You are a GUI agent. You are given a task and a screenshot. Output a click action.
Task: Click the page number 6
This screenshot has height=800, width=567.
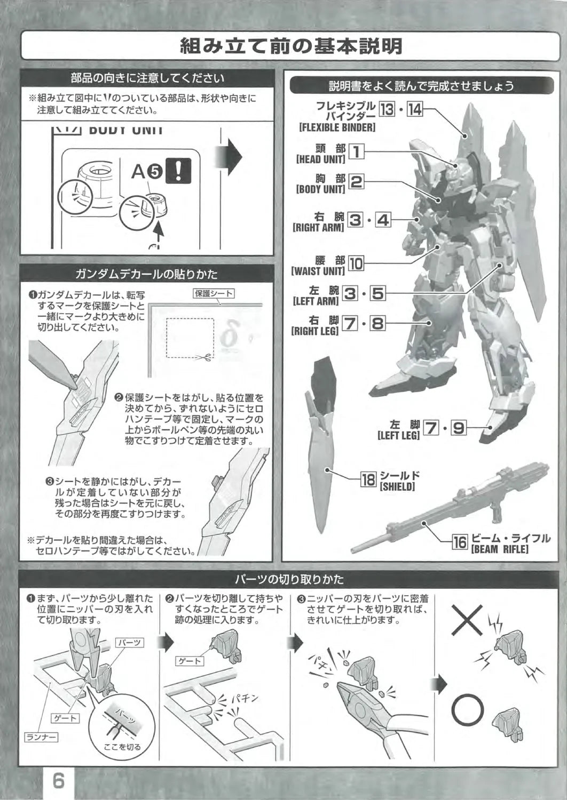(x=59, y=781)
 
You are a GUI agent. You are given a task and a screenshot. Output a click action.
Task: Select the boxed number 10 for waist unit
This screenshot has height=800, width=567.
(x=356, y=263)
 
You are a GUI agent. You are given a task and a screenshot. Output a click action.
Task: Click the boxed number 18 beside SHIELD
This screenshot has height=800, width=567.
(x=368, y=479)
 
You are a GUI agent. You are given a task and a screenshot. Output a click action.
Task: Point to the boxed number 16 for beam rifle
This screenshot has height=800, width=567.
(x=460, y=542)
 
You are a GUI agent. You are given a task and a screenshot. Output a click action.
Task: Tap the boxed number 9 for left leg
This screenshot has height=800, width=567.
(x=459, y=428)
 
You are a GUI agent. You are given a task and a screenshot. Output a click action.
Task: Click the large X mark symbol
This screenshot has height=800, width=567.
(x=467, y=620)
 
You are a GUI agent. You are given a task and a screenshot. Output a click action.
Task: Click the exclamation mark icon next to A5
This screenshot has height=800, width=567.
(x=179, y=170)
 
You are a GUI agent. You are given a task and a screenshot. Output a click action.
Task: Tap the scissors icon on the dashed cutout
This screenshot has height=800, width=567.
(x=204, y=356)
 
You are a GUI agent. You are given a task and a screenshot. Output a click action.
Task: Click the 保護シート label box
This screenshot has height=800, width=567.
(x=214, y=293)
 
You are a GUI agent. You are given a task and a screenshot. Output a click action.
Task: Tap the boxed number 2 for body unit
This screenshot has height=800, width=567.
(x=356, y=182)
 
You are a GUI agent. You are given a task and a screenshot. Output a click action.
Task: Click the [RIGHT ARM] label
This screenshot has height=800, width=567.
(x=318, y=228)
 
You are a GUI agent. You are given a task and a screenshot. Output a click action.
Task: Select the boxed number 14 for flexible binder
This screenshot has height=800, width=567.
(x=415, y=109)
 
